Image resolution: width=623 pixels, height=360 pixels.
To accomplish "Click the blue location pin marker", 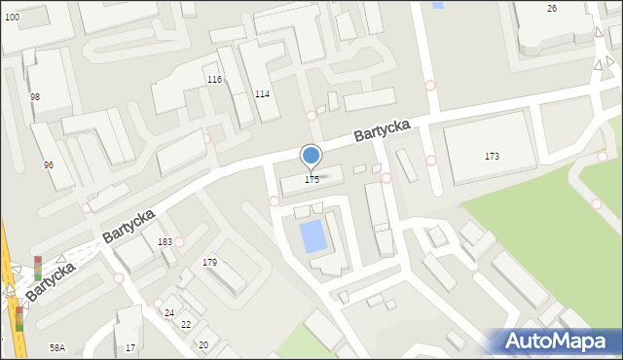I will (311, 156).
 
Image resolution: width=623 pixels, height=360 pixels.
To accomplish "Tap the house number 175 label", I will (311, 180).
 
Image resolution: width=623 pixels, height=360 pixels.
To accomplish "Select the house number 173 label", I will (492, 157).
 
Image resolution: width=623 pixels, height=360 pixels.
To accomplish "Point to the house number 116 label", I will (214, 79).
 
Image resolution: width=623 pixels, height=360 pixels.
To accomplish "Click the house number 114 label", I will (262, 93).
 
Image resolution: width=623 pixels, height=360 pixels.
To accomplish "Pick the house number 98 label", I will (35, 96).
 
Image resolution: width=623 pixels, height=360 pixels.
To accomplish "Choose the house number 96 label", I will (49, 164).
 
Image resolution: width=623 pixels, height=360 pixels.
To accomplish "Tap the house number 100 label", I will (11, 18).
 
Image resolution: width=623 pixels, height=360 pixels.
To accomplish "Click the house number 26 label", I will (552, 9).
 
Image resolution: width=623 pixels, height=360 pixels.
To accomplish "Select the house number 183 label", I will (165, 241).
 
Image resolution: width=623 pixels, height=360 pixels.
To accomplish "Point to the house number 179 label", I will (209, 263).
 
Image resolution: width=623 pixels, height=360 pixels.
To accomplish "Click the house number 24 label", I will (169, 312).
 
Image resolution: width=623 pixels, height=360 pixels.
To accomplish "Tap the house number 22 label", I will (186, 324).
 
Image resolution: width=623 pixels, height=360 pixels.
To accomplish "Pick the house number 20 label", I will (202, 345).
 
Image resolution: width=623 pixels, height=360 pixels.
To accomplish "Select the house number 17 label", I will (130, 347).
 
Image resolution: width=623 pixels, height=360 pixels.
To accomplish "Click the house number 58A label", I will (57, 347).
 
